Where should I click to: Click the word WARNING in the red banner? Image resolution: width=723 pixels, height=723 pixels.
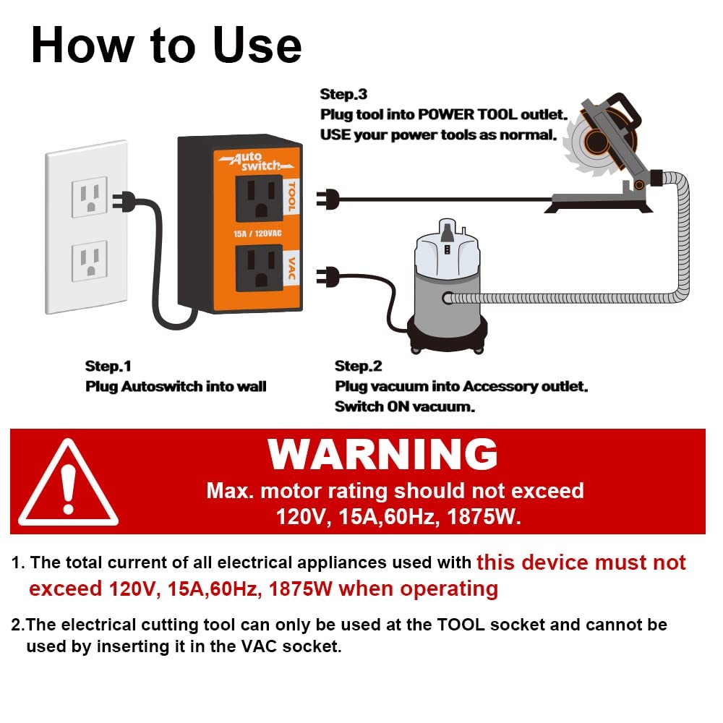pyautogui.click(x=382, y=455)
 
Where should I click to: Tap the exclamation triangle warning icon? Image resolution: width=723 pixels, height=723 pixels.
pyautogui.click(x=68, y=482)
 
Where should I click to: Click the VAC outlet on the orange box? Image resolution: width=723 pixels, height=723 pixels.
pyautogui.click(x=258, y=268)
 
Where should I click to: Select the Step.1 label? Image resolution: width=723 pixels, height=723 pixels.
pyautogui.click(x=108, y=366)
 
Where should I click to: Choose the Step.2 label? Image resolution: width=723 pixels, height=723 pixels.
pyautogui.click(x=359, y=366)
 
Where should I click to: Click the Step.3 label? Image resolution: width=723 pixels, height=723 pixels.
pyautogui.click(x=343, y=95)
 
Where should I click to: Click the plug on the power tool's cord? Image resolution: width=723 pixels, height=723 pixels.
pyautogui.click(x=330, y=197)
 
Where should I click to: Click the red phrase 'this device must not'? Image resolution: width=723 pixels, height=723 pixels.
pyautogui.click(x=581, y=562)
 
